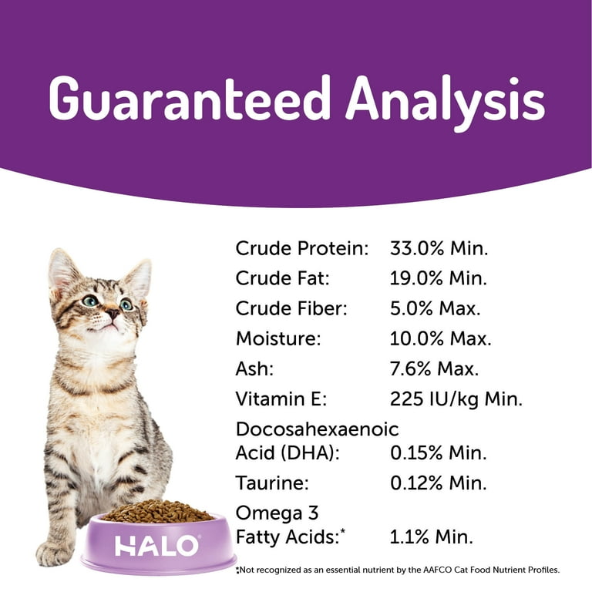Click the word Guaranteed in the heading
tap(189, 98)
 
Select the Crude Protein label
tap(301, 248)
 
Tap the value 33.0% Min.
tap(439, 248)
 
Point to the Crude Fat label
tap(282, 278)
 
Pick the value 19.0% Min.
tap(439, 278)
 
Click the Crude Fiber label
tap(291, 308)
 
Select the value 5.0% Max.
tap(436, 308)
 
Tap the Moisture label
tap(278, 338)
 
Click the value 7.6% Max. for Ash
tap(434, 368)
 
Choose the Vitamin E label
tap(281, 399)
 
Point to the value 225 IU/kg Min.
tap(456, 399)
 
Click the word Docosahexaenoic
tap(317, 429)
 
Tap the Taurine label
tap(272, 483)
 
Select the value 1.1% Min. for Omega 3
tap(431, 536)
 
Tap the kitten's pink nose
tap(113, 313)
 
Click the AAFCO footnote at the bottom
tap(397, 570)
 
